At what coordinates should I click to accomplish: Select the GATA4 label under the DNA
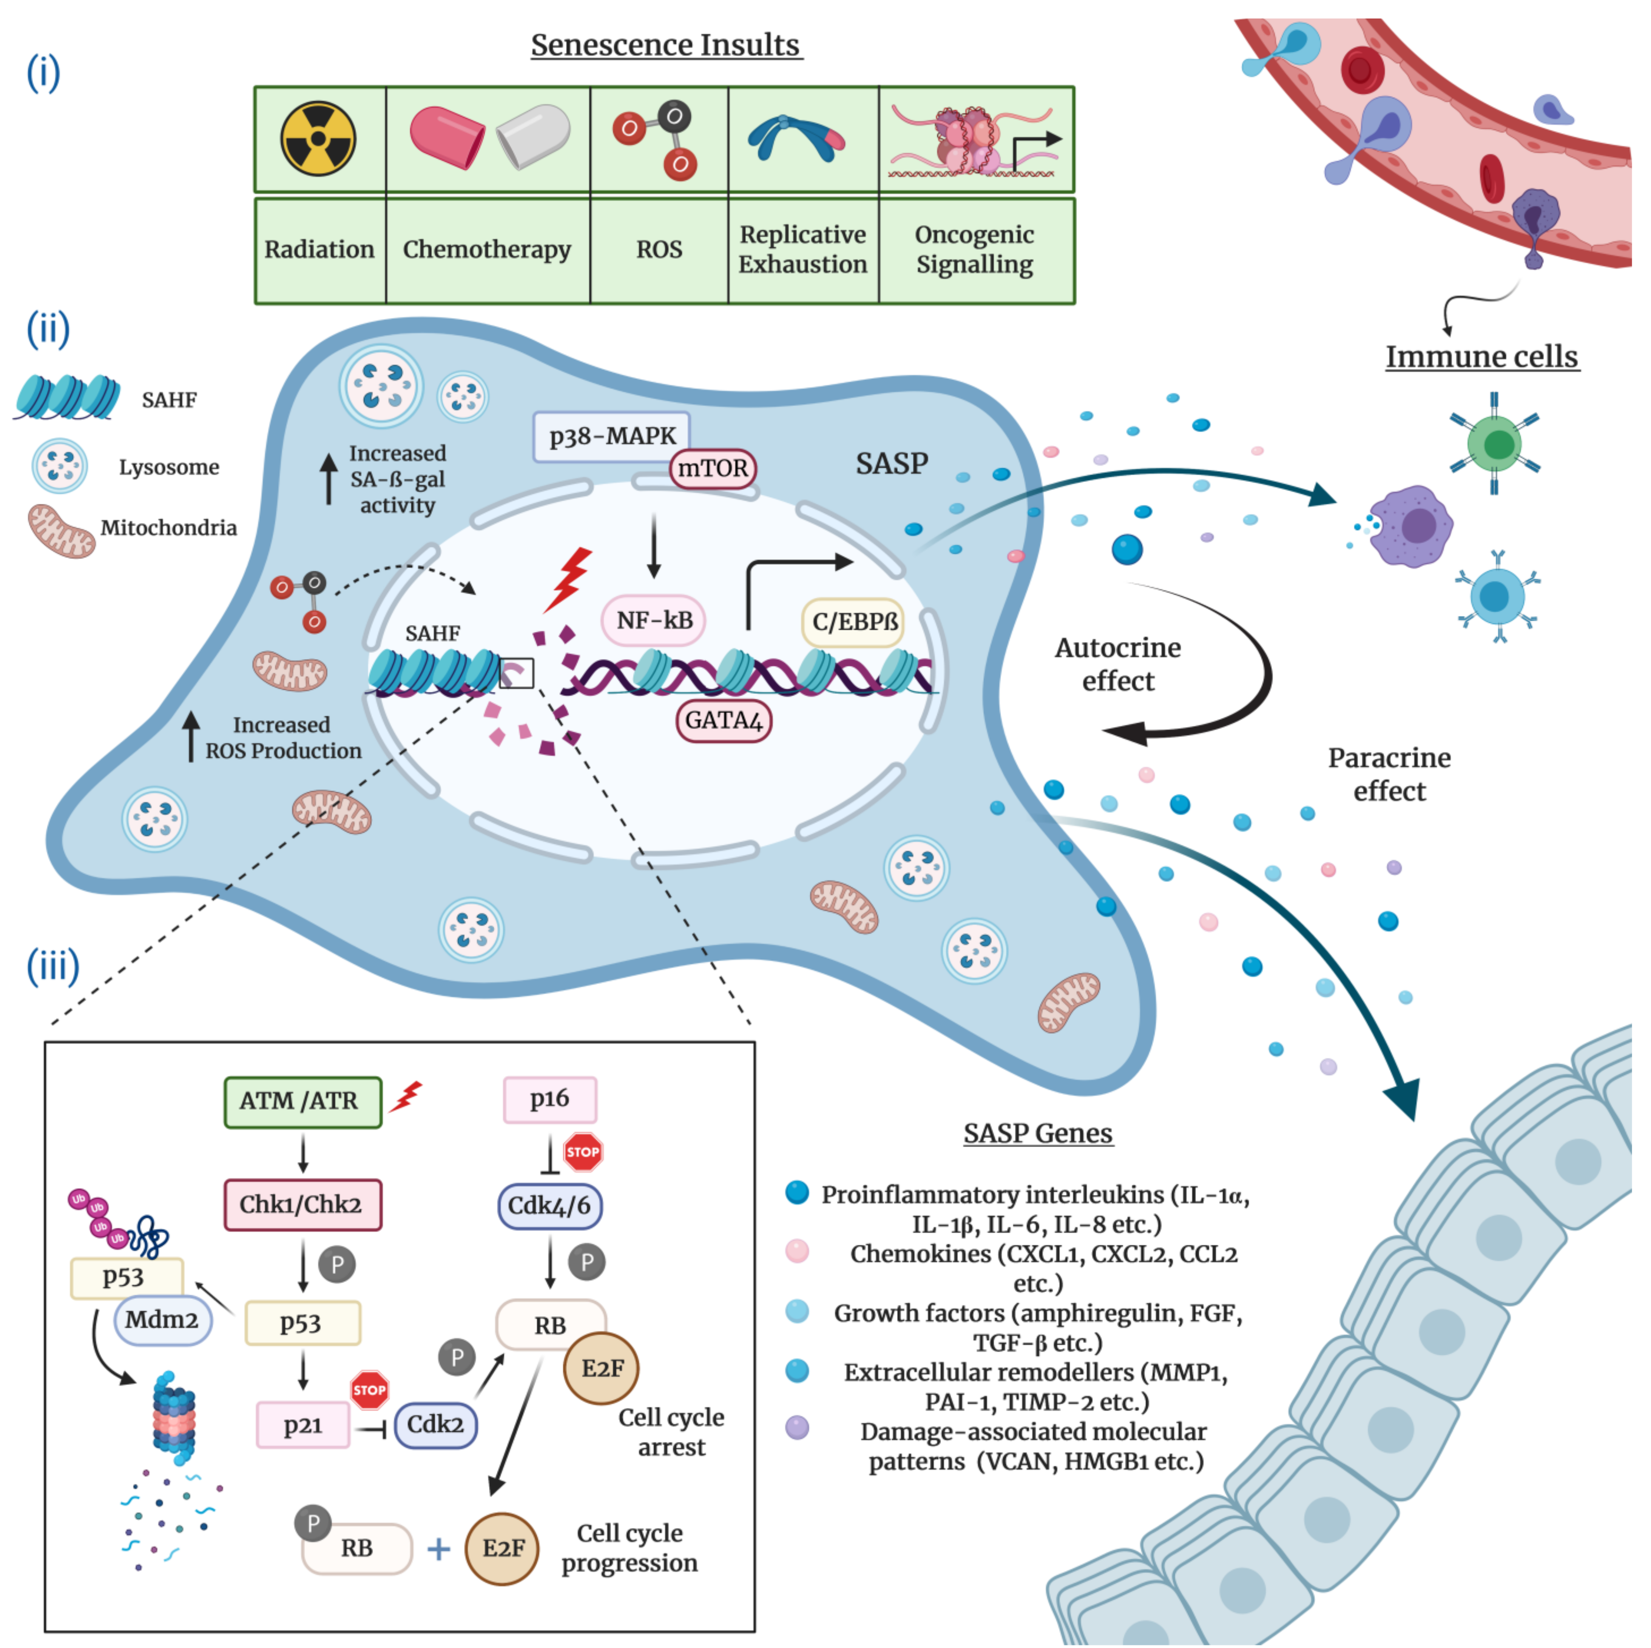(723, 720)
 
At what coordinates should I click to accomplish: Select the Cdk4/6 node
(549, 1206)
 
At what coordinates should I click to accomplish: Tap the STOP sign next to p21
(369, 1390)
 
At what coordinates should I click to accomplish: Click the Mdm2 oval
(162, 1320)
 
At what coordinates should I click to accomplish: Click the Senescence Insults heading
(666, 45)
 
